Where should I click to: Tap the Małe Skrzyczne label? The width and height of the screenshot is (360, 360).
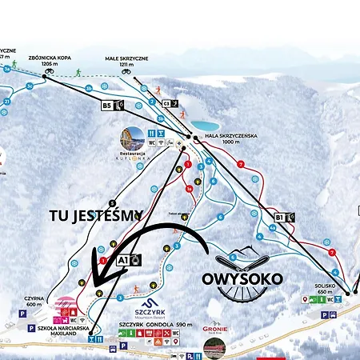(126, 59)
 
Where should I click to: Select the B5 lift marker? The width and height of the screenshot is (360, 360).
(112, 105)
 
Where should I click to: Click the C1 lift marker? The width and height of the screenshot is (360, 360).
(170, 103)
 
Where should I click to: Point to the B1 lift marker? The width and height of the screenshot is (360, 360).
(285, 217)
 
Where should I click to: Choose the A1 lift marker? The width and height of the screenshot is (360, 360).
(128, 259)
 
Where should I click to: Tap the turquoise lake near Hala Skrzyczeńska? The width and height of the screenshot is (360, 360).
(207, 126)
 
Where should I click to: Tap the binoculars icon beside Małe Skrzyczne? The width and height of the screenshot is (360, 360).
(127, 70)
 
